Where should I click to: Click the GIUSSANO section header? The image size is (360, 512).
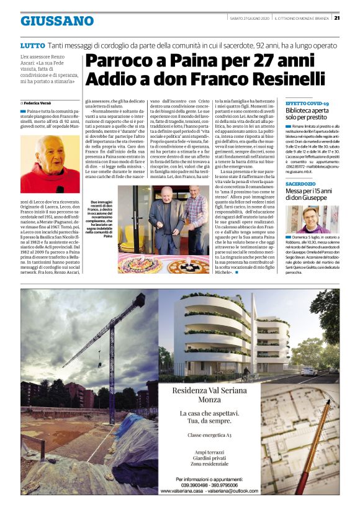pyautogui.click(x=57, y=21)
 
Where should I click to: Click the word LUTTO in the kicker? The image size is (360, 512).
pyautogui.click(x=32, y=46)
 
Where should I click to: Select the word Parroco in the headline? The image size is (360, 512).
pyautogui.click(x=116, y=61)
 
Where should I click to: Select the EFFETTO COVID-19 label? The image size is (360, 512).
pyautogui.click(x=307, y=103)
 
